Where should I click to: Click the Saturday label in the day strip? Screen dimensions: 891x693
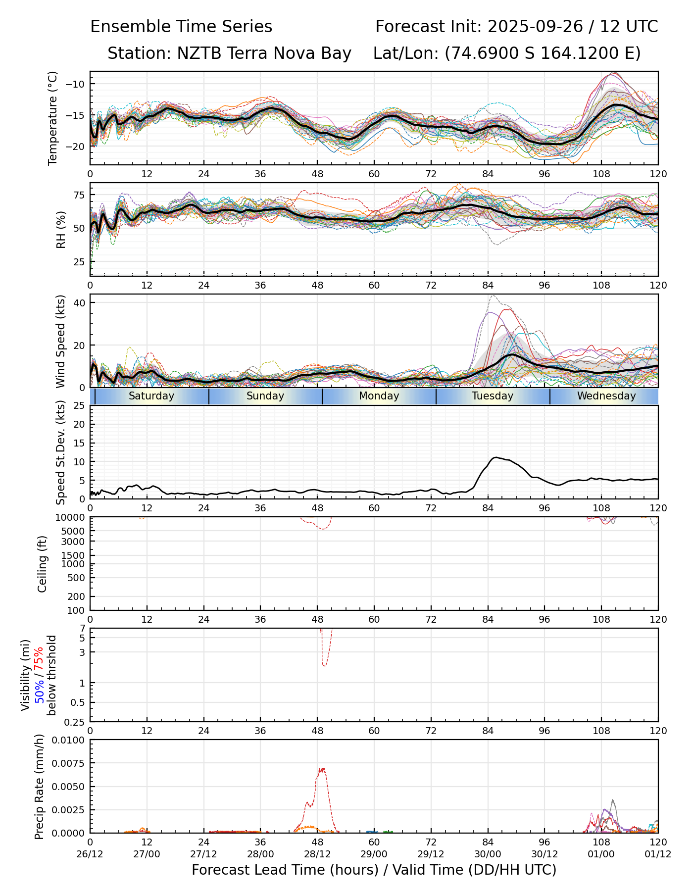coord(151,396)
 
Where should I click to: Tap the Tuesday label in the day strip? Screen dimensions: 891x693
coord(493,396)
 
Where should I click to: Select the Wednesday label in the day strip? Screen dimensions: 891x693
coord(606,396)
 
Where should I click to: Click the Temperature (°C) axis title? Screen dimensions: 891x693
coord(53,118)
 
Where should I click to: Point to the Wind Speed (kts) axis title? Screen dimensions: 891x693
coord(60,341)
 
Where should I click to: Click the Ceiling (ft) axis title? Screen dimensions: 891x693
coord(43,564)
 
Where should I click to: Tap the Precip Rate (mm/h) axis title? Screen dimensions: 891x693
coord(40,787)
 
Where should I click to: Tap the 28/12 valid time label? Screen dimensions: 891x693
coord(317,854)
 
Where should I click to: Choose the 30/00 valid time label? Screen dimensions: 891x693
coord(488,854)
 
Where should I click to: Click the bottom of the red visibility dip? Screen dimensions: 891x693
coord(324,666)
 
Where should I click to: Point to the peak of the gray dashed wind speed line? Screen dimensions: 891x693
coord(492,296)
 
